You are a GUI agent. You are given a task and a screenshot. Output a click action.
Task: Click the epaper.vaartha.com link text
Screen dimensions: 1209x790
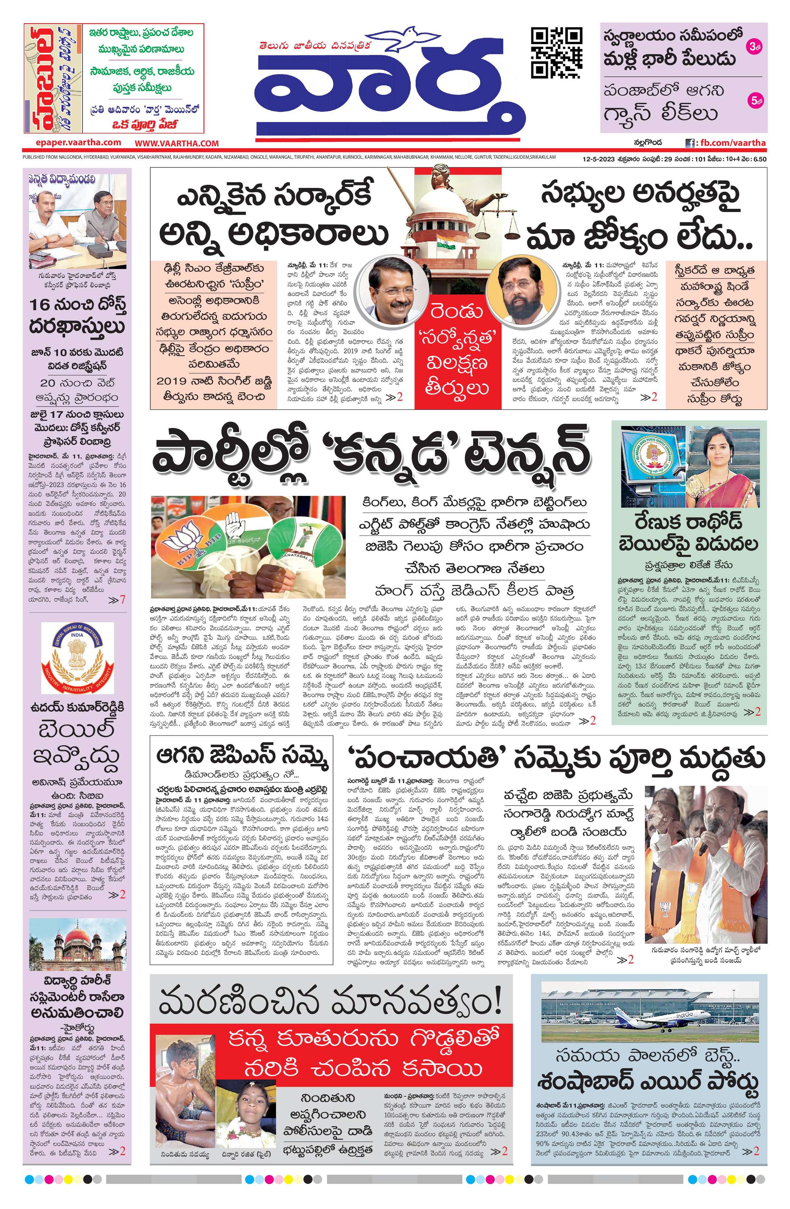point(79,143)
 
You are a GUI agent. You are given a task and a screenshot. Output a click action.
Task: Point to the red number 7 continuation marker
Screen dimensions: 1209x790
point(121,599)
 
